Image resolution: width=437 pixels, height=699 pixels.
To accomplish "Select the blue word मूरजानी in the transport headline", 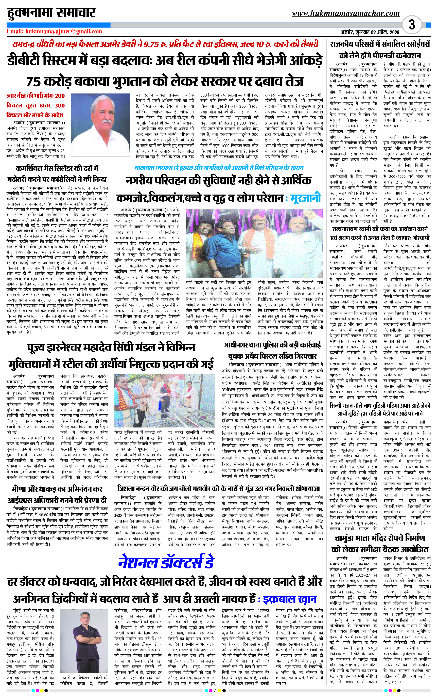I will coord(305,198).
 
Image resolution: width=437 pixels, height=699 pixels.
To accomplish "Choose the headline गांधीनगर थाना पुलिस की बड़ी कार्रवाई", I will coord(272,345).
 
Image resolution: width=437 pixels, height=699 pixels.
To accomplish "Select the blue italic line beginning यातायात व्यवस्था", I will coord(219,168).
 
